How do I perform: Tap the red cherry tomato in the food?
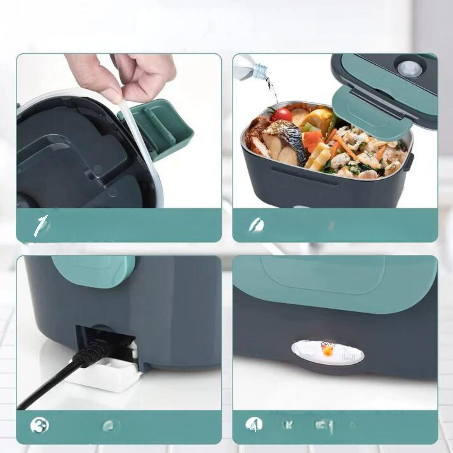click(282, 114)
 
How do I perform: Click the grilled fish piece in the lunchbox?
click(284, 141)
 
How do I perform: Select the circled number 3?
click(40, 426)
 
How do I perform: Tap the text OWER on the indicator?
click(328, 345)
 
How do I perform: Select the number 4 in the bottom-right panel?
click(254, 426)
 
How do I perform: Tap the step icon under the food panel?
click(256, 225)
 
